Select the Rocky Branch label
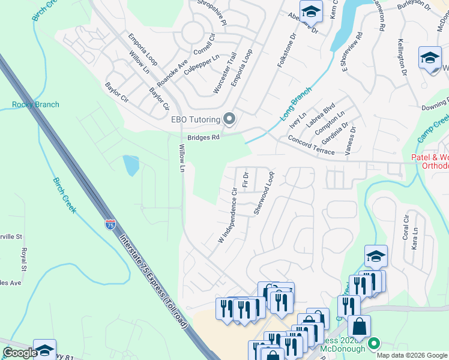[36, 104]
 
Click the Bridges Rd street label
[203, 137]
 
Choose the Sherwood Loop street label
[264, 193]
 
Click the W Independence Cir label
[228, 214]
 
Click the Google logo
[20, 353]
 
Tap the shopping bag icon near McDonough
[360, 328]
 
